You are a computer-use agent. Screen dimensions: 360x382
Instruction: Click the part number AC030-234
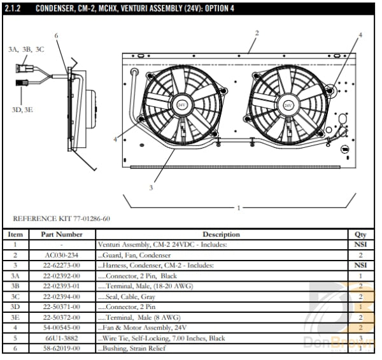61,255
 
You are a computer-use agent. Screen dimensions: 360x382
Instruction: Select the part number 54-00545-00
61,327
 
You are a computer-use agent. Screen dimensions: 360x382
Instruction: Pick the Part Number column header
61,234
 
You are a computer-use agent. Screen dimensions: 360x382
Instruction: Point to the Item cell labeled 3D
15,306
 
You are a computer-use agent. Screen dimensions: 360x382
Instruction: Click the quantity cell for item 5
360,338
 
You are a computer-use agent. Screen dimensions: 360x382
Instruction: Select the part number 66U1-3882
61,338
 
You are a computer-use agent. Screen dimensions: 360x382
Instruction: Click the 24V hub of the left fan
181,104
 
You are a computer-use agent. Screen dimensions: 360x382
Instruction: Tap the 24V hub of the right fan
288,105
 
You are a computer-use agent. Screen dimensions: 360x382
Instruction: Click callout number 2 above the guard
257,32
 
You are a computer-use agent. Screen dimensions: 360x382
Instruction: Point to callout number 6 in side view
57,36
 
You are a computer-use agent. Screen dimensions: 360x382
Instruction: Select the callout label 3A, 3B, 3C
26,49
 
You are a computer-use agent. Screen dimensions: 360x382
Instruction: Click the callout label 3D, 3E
23,110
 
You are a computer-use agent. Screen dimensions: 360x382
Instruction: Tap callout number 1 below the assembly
239,208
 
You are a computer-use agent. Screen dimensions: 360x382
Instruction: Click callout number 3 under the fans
150,187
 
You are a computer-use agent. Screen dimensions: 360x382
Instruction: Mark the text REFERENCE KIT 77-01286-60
61,219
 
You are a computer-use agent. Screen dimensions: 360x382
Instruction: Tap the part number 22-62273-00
61,265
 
